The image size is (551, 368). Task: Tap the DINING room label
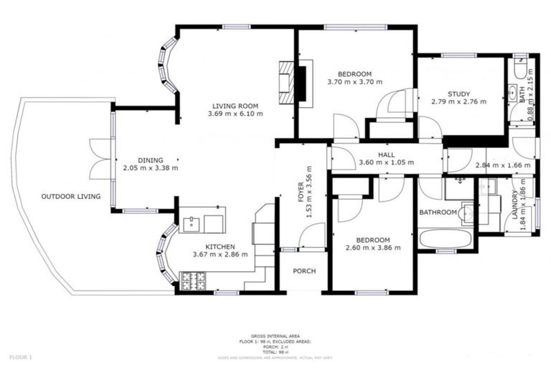151,160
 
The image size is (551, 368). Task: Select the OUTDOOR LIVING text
70,196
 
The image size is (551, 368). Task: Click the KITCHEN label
220,246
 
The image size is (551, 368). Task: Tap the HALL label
387,155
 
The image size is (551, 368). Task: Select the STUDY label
458,94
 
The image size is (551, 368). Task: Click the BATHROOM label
438,212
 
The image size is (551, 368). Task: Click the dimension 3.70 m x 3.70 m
354,82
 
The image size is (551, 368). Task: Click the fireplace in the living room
296,83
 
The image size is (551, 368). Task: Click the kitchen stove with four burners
193,281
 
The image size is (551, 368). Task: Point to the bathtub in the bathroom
445,238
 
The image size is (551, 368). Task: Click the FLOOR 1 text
21,356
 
